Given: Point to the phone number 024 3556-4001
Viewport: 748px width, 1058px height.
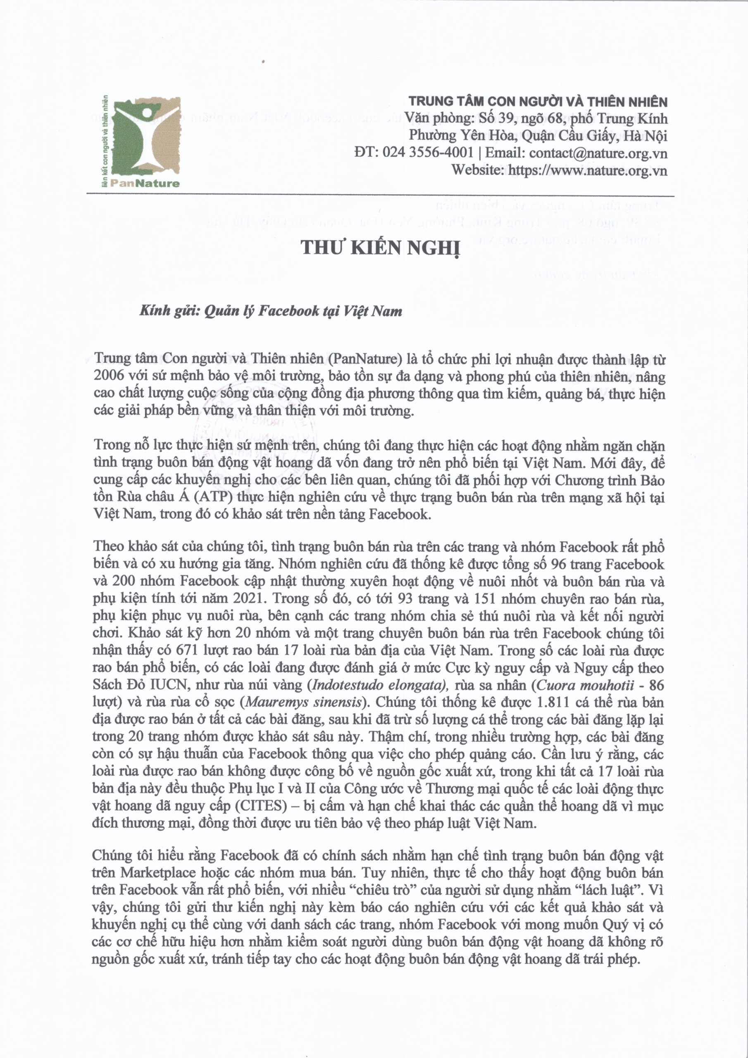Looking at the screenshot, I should coord(428,153).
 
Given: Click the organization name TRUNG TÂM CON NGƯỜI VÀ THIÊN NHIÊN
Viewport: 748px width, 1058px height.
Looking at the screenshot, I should coord(538,101).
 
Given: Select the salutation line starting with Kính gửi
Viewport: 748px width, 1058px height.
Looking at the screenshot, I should coord(271,311).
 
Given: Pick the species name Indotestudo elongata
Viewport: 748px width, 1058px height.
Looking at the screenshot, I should coord(379,685).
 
